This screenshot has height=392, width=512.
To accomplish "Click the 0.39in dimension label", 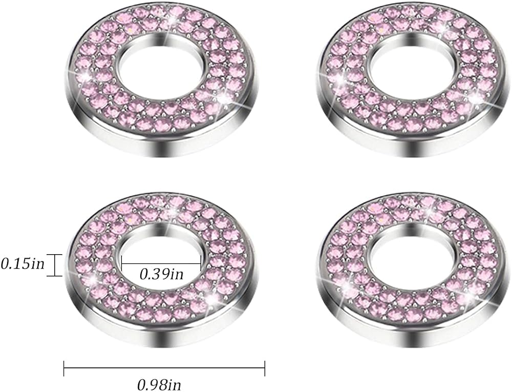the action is (162, 274).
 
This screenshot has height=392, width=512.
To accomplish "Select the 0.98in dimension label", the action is (159, 384).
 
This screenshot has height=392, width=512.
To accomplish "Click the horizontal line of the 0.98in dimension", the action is (164, 367).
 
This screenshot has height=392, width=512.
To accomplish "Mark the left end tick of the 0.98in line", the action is (64, 367).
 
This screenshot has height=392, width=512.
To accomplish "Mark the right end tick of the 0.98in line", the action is (265, 367).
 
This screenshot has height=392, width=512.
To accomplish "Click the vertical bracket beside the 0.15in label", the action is (54, 265).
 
